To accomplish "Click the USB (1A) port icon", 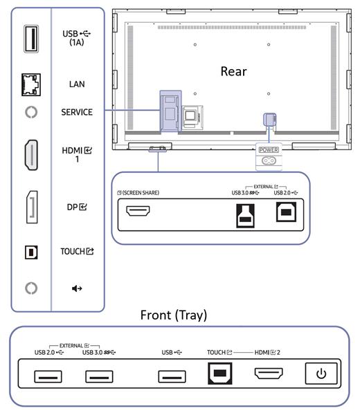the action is [x=31, y=39].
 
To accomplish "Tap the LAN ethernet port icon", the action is [x=31, y=84].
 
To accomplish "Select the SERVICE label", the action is [x=77, y=112].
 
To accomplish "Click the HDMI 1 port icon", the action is [x=31, y=155].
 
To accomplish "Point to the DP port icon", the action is [x=32, y=207].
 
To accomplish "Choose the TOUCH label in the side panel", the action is [x=77, y=251].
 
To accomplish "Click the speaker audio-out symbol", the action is [x=77, y=288].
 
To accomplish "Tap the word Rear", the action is [x=233, y=71].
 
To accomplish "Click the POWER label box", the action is [x=269, y=150].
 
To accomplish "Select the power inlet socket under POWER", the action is [x=269, y=160].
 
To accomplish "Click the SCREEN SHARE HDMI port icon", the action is [x=138, y=211].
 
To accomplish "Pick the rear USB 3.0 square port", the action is [x=245, y=216].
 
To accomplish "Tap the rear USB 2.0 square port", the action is [x=286, y=212].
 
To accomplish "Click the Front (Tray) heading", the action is [x=174, y=315].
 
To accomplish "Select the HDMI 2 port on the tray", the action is [x=269, y=373].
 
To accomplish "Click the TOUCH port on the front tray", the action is [x=220, y=373].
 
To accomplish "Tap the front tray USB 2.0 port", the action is [x=48, y=376].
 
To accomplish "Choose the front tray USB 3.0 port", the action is [x=99, y=376].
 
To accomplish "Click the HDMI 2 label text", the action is [x=267, y=352].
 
